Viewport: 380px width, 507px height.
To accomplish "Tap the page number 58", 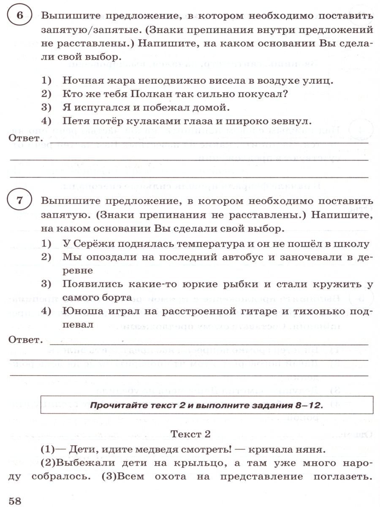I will [14, 500].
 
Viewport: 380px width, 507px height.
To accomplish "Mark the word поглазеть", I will [336, 477].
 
